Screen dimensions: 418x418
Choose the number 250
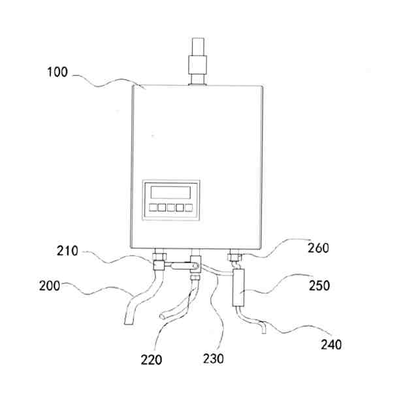(319, 285)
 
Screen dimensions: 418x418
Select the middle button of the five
(170, 208)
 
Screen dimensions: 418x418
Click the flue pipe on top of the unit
(197, 62)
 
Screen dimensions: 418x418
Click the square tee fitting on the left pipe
(157, 265)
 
